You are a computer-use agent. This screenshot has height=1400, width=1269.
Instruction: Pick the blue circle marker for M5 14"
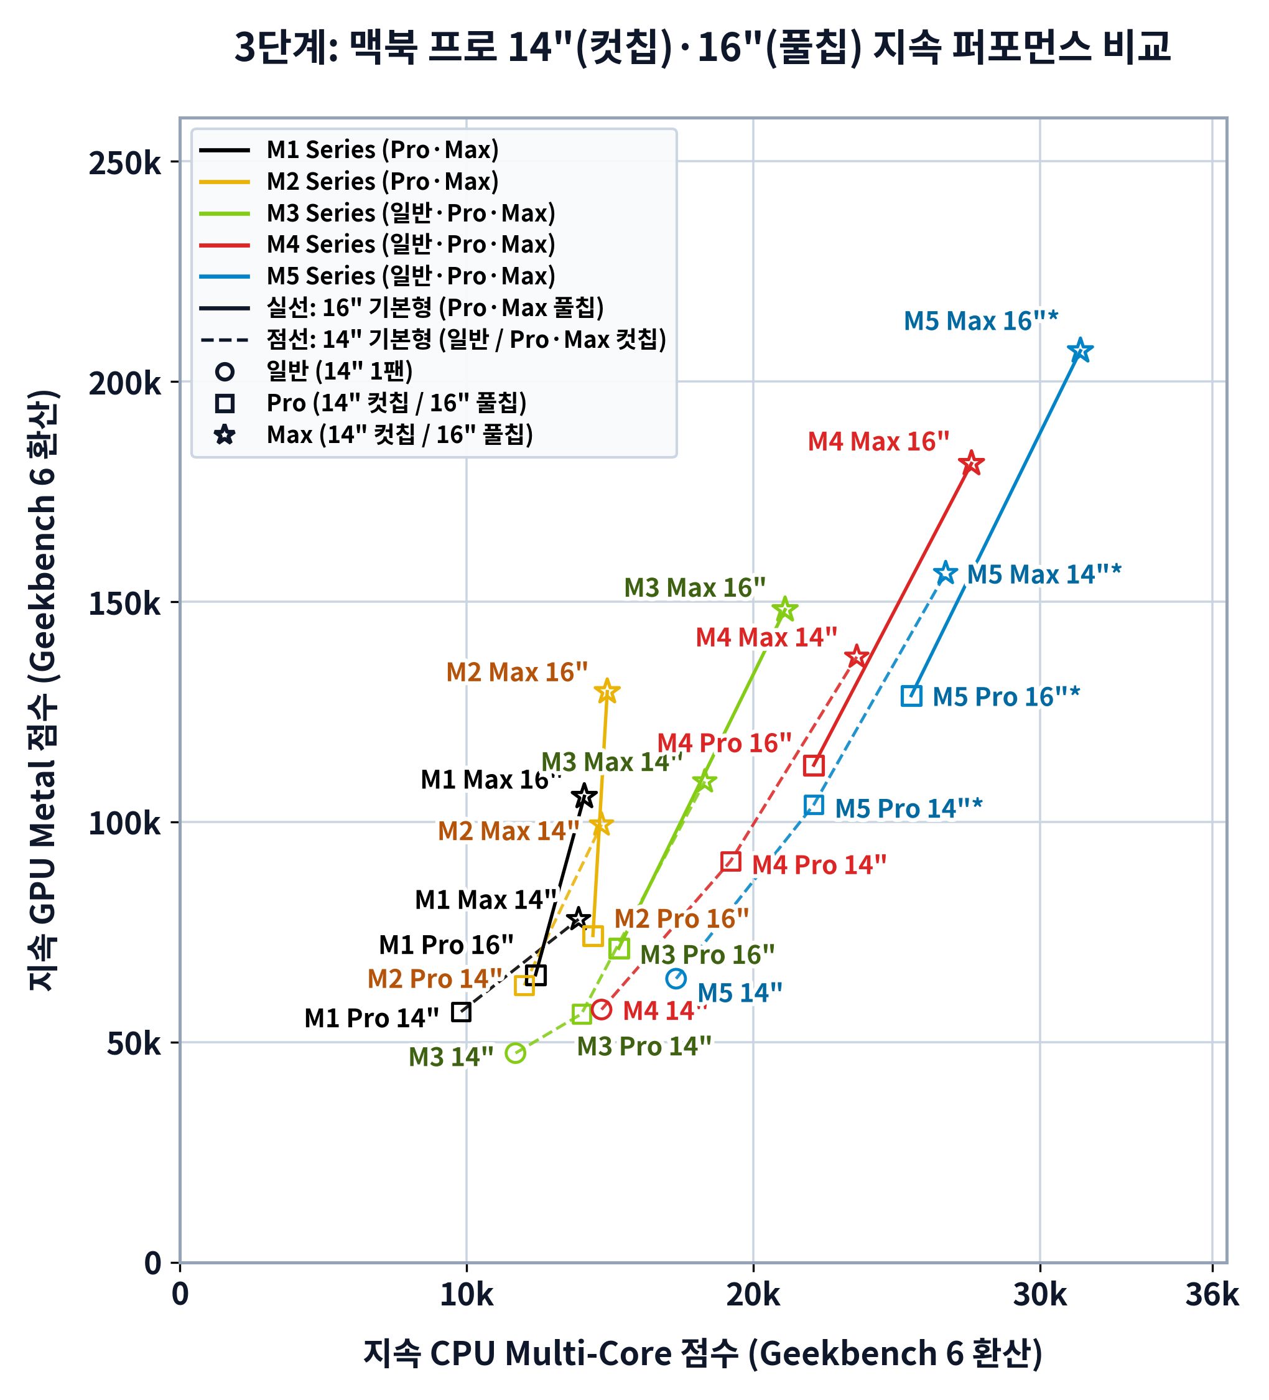tap(676, 979)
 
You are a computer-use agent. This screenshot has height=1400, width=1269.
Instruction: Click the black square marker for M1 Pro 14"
tap(461, 1012)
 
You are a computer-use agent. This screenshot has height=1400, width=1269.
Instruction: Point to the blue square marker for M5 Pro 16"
tap(911, 695)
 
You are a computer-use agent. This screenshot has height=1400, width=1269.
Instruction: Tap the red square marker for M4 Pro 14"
tap(730, 862)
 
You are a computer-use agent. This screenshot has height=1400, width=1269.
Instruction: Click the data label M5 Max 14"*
tap(1044, 574)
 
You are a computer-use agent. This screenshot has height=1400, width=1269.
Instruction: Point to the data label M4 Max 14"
tap(766, 637)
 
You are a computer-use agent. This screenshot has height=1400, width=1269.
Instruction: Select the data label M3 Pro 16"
tap(707, 954)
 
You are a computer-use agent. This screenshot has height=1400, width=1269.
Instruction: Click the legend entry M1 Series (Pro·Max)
tap(383, 149)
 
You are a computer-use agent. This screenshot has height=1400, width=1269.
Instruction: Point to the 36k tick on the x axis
tap(1212, 1295)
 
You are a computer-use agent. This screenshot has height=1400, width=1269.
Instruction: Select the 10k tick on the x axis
tap(467, 1295)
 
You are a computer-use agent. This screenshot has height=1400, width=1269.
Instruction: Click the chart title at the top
tap(702, 47)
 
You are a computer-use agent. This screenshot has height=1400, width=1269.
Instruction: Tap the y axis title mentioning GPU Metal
tap(43, 690)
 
